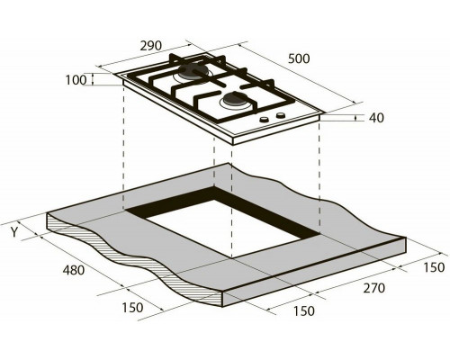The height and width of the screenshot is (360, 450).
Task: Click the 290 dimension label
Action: click(151, 46)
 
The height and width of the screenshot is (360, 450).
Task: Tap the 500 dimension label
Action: click(299, 58)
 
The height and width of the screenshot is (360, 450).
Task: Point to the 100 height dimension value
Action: click(76, 80)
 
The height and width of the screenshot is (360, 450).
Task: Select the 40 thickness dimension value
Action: click(376, 118)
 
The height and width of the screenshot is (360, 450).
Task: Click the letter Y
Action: click(14, 232)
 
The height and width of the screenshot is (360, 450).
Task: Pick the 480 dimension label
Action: click(74, 270)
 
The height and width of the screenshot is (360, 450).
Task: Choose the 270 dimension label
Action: click(373, 288)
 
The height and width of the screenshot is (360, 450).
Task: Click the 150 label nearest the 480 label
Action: click(132, 308)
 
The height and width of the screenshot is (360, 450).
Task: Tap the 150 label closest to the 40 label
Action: click(434, 267)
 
